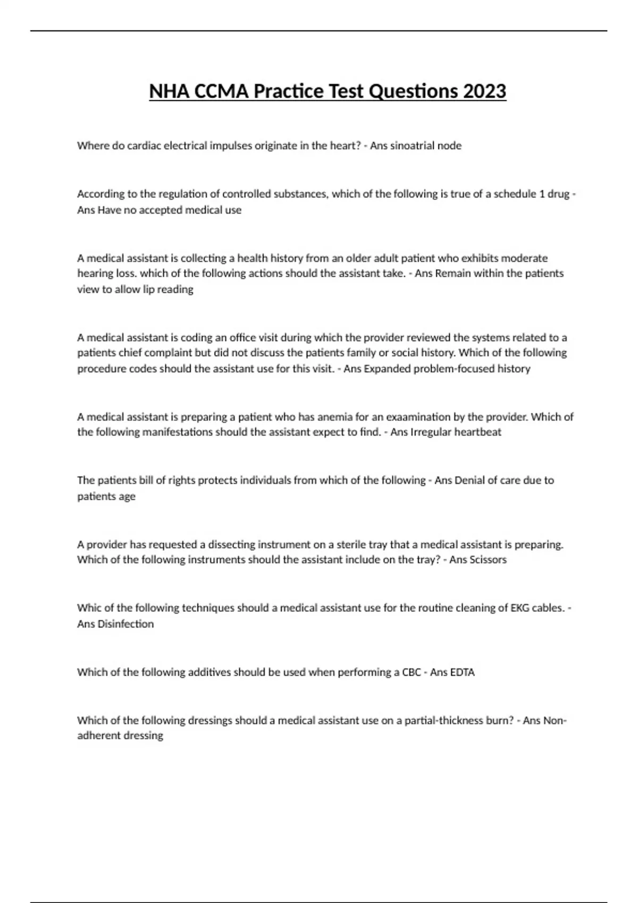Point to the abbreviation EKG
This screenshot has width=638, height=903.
519,608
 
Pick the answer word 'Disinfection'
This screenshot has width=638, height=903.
125,624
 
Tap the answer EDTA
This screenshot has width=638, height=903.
462,672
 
